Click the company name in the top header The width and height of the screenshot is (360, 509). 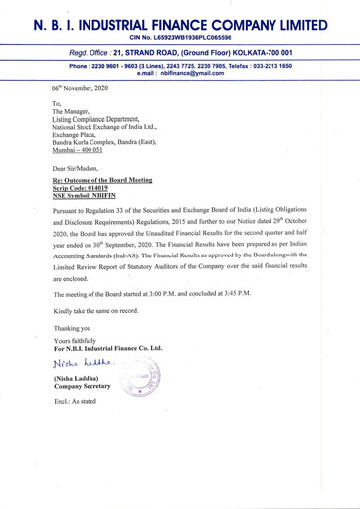pos(180,21)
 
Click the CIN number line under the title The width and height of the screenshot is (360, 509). pos(180,37)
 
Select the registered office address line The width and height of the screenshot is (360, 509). pos(180,53)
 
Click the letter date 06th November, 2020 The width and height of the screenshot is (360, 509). pos(87,88)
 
